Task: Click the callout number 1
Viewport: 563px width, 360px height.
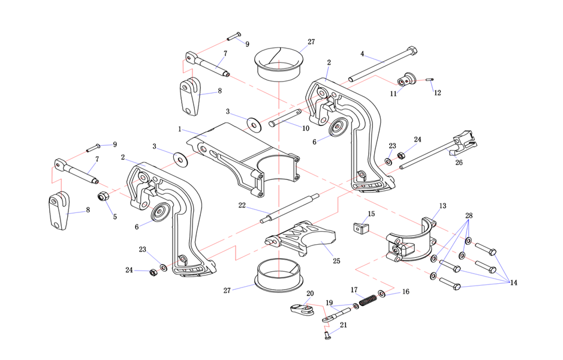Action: [179, 129]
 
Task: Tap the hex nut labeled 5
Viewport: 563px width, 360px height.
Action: [103, 196]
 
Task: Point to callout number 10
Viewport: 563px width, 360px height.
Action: [306, 128]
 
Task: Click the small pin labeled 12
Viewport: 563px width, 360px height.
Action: [430, 80]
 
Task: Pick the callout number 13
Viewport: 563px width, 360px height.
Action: [442, 206]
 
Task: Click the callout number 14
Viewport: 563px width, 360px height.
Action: [514, 283]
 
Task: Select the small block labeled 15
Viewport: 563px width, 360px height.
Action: [360, 228]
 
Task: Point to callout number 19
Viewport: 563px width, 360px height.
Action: [329, 303]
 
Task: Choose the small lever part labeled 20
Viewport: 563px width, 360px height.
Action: [302, 310]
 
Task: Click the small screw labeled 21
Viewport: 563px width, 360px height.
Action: [327, 335]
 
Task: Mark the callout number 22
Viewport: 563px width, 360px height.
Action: [242, 205]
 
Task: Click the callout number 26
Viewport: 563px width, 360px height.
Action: [459, 162]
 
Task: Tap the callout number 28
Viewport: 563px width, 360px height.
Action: [469, 215]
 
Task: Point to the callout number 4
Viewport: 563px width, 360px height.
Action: [362, 54]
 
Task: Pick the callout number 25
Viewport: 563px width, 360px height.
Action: [336, 261]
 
